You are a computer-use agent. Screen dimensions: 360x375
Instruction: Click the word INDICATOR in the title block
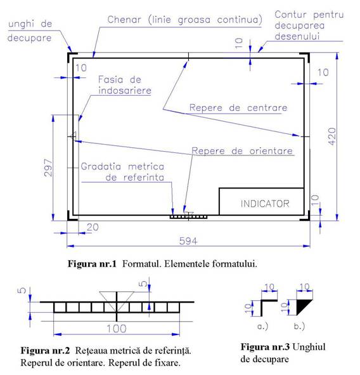point(265,204)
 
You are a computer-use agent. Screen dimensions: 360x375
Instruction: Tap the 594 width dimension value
point(188,241)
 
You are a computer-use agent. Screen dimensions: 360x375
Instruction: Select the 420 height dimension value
point(332,136)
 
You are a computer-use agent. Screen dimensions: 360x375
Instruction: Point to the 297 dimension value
point(48,168)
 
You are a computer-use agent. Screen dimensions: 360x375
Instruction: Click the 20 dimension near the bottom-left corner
point(93,227)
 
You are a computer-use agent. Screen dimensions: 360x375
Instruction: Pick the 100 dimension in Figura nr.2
point(117,329)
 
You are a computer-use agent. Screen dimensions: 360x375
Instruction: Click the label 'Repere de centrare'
point(238,108)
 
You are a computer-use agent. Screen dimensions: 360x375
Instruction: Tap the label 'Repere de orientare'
point(242,151)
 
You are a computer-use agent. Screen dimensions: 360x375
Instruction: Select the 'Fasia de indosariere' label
point(125,85)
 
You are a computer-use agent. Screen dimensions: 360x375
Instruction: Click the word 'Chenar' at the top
point(124,20)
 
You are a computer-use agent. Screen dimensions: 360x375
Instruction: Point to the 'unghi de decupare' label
point(30,31)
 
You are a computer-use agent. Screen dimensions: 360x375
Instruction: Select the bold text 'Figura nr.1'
point(92,264)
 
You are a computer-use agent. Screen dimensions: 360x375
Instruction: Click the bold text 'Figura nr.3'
point(265,347)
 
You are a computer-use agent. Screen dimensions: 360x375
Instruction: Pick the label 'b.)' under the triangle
point(299,326)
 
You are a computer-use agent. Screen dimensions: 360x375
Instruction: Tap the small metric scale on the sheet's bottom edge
point(188,217)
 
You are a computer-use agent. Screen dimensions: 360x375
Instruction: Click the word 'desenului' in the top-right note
point(297,36)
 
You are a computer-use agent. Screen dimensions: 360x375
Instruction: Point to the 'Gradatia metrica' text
point(122,166)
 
